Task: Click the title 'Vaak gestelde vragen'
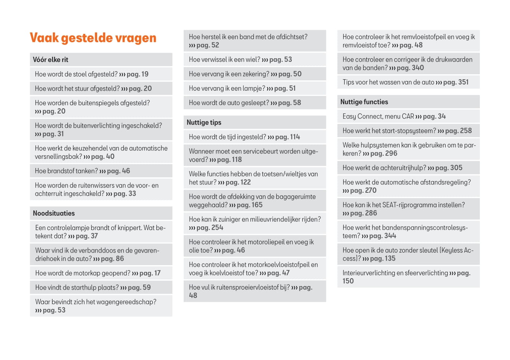point(93,38)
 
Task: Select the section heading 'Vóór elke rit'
point(51,60)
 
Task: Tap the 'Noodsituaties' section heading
point(54,213)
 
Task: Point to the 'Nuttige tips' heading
point(204,123)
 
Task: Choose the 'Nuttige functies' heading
point(364,102)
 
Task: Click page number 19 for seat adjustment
point(145,74)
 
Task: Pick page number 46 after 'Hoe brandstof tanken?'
point(126,171)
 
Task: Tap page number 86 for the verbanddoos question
point(120,259)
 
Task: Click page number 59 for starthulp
point(147,288)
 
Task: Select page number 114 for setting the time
point(295,137)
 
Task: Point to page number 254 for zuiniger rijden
point(217,228)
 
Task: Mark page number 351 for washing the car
point(463,82)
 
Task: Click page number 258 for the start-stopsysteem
point(466,131)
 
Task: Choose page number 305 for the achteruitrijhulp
point(456,168)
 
